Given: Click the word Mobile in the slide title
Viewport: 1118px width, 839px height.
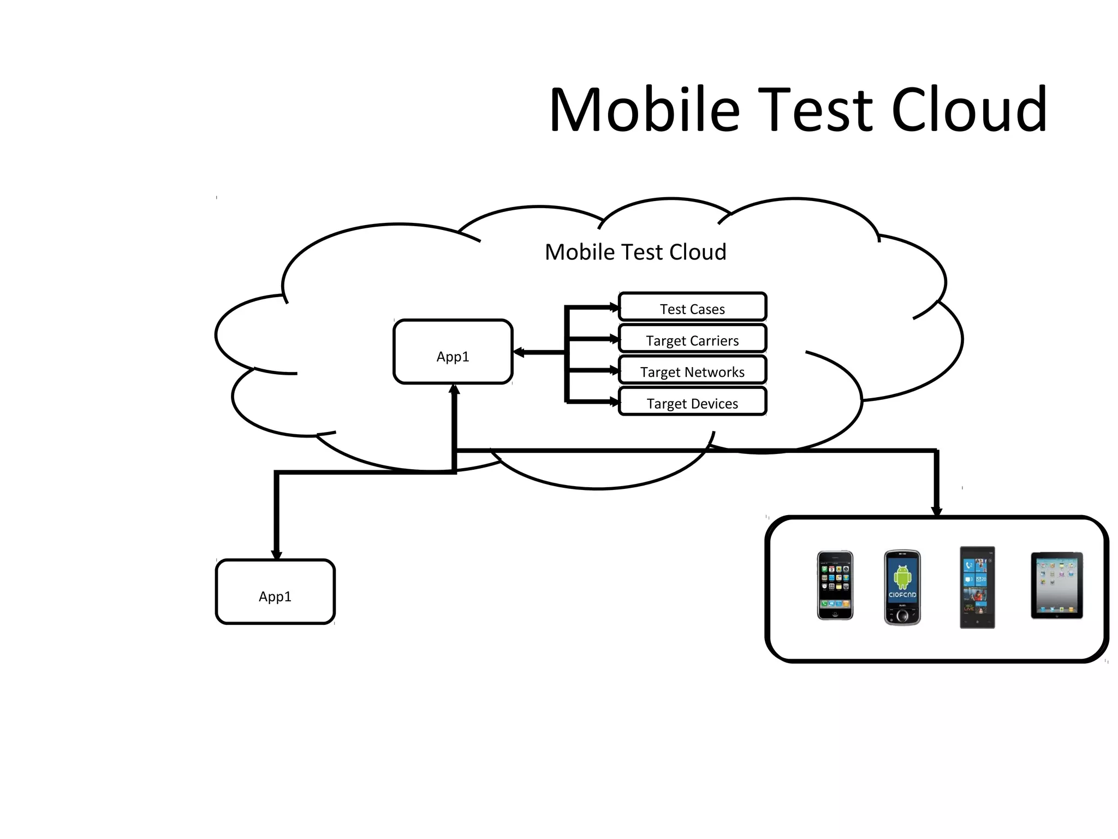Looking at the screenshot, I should point(644,110).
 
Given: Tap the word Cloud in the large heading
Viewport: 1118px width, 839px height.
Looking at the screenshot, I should point(969,110).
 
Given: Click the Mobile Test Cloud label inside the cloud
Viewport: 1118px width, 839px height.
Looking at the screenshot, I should point(635,252).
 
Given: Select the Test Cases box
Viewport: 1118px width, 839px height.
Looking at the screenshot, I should point(692,308).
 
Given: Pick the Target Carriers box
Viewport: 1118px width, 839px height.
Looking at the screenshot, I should point(692,340).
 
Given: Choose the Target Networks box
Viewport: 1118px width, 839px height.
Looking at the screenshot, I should point(692,371).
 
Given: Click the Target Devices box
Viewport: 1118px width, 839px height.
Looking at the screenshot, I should point(692,403).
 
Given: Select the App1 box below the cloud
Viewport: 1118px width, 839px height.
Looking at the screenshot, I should point(275,592).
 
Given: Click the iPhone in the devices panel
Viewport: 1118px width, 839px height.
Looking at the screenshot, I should point(835,586).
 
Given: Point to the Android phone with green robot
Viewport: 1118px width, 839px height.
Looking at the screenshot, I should point(902,588).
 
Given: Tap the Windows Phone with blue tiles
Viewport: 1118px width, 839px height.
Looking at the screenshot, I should point(977,588).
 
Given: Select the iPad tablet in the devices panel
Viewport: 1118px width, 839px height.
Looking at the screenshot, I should point(1056,586).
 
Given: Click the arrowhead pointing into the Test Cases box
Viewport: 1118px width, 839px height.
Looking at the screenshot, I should point(614,308).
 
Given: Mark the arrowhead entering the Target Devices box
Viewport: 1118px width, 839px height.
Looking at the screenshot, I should point(614,403).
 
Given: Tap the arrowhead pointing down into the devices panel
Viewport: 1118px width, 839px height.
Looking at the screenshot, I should point(937,511).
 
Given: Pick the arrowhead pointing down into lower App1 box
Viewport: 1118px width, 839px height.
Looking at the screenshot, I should point(277,555).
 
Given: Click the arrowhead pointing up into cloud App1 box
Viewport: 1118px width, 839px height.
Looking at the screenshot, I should point(454,389).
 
